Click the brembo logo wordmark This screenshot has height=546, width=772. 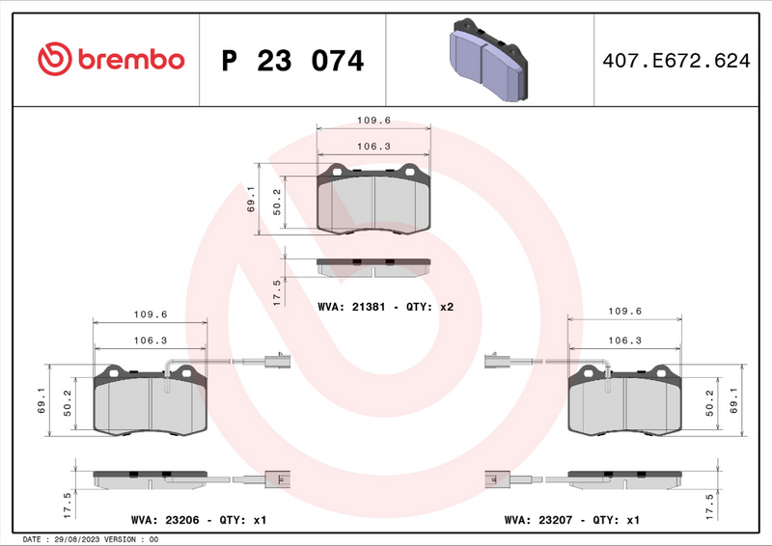[x=111, y=60]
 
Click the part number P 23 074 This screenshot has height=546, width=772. [x=292, y=61]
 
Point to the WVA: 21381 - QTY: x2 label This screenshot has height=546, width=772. [x=385, y=306]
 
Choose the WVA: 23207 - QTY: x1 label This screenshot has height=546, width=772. [x=571, y=520]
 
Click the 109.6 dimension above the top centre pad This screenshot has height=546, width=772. [x=372, y=122]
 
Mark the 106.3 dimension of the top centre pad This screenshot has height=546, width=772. [x=372, y=147]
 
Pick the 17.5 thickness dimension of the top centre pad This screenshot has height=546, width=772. [x=277, y=291]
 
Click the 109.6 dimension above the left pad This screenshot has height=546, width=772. [x=150, y=314]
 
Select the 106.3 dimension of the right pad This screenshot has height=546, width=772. [x=625, y=341]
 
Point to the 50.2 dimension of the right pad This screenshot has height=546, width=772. [x=710, y=402]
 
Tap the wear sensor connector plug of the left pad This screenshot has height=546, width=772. [x=276, y=363]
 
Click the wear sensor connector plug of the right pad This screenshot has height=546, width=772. [x=495, y=363]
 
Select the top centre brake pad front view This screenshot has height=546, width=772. [x=373, y=200]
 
